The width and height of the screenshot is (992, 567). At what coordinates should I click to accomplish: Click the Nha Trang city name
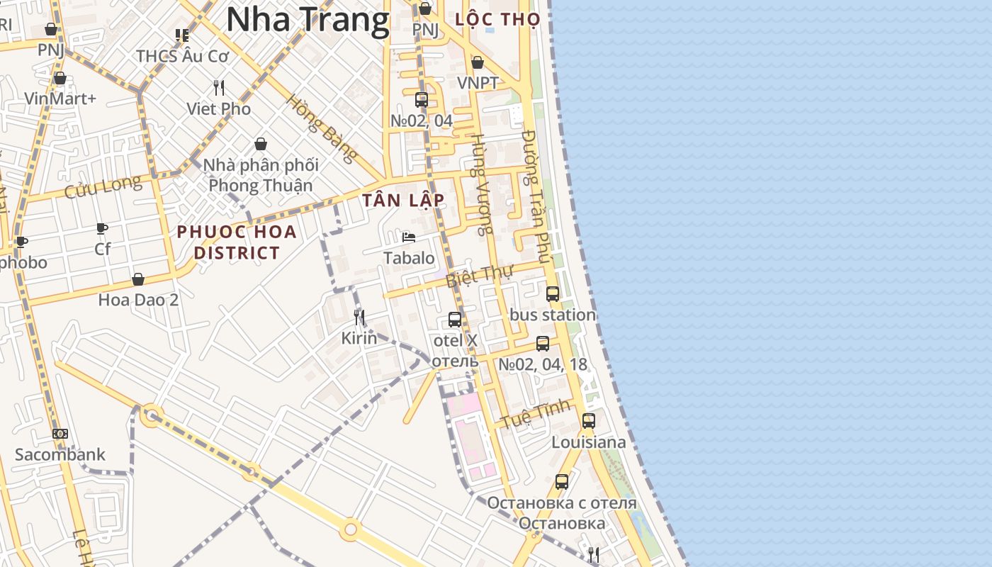pyautogui.click(x=308, y=20)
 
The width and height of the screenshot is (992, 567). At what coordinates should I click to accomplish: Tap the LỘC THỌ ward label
pyautogui.click(x=497, y=19)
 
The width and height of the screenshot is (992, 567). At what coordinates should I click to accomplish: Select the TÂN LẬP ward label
pyautogui.click(x=404, y=201)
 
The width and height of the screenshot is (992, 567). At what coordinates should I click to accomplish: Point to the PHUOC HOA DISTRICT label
pyautogui.click(x=237, y=242)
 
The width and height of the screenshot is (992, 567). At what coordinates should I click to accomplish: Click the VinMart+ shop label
pyautogui.click(x=60, y=99)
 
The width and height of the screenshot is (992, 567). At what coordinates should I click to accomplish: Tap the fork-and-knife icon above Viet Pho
pyautogui.click(x=219, y=88)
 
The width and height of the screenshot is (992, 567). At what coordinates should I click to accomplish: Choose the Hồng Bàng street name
pyautogui.click(x=320, y=128)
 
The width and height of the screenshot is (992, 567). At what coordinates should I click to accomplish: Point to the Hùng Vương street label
pyautogui.click(x=481, y=184)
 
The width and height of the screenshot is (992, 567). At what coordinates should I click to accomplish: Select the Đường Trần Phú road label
pyautogui.click(x=535, y=196)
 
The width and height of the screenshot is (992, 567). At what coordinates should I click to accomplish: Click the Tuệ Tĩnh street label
pyautogui.click(x=536, y=413)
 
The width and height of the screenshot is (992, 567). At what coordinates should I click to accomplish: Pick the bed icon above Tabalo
pyautogui.click(x=409, y=237)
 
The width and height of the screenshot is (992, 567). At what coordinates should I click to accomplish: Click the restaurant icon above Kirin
pyautogui.click(x=359, y=317)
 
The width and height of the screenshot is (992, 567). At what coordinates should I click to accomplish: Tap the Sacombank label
pyautogui.click(x=60, y=454)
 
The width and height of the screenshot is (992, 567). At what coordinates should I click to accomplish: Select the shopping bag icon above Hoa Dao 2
pyautogui.click(x=138, y=279)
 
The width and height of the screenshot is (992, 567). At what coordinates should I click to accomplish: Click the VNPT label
pyautogui.click(x=478, y=83)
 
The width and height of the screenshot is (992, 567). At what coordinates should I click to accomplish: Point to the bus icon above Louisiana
pyautogui.click(x=589, y=420)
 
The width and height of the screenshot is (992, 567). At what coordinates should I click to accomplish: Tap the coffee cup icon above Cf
pyautogui.click(x=102, y=228)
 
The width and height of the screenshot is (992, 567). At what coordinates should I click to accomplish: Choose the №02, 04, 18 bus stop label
pyautogui.click(x=543, y=364)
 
